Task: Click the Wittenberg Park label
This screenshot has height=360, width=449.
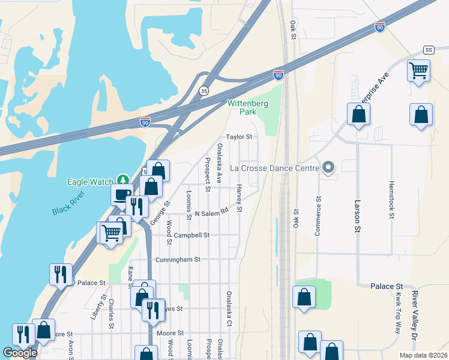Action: click(x=248, y=107)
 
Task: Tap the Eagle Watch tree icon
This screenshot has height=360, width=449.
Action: click(x=123, y=179)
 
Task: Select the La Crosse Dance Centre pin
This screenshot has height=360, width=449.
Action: click(x=328, y=168)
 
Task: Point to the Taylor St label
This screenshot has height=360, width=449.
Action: click(x=238, y=137)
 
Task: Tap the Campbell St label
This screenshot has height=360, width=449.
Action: click(x=191, y=235)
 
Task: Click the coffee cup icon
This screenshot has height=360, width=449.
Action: click(x=122, y=194)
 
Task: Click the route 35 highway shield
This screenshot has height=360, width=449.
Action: click(x=204, y=91)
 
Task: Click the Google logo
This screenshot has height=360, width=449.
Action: click(x=20, y=353)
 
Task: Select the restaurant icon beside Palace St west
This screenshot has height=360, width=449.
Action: click(x=61, y=274)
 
